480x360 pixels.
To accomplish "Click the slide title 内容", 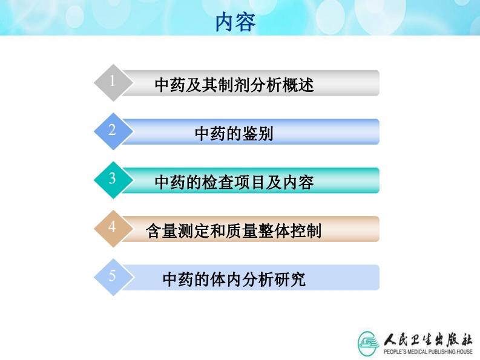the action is point(235,22).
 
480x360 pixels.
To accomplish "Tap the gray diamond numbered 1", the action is point(113,83).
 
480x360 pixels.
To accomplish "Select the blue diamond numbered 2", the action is point(113,131).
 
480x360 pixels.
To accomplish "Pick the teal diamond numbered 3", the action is point(113,180).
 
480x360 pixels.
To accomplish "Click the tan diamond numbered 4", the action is point(113,229).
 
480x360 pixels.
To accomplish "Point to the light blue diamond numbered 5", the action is point(113,277).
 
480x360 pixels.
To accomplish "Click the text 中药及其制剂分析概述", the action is point(234,85).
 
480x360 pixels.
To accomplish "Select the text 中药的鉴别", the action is point(234,134).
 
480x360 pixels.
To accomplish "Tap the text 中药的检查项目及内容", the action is point(234,182).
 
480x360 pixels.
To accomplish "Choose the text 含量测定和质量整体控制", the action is point(234,231).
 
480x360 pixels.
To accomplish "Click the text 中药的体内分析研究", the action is point(234,279).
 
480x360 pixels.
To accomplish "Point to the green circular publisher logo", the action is point(368,344).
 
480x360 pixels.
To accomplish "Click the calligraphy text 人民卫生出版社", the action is point(429,339).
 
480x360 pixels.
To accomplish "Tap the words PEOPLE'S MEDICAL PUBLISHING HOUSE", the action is point(429,352).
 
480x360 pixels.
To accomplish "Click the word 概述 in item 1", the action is point(298,85).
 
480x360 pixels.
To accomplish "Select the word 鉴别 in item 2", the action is point(258,134).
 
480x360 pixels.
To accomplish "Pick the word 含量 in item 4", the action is point(162,231).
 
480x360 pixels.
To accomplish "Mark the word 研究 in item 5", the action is point(290,279).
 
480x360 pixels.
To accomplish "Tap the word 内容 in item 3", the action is point(298,182).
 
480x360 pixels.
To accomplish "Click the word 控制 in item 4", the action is point(306,231).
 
